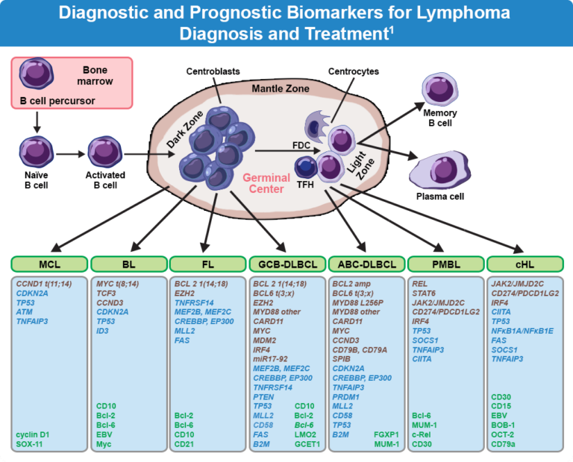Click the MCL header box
click(49, 264)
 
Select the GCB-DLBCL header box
click(286, 264)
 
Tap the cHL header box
click(524, 264)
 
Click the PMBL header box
click(445, 264)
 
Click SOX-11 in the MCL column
click(30, 444)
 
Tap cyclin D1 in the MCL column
click(34, 434)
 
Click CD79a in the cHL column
click(505, 444)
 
